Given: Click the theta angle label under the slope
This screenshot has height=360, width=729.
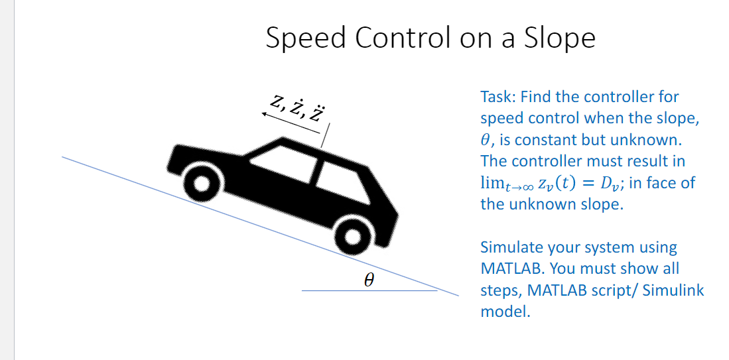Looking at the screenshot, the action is pos(369,280).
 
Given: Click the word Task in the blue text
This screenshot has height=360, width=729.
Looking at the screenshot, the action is pos(496,97).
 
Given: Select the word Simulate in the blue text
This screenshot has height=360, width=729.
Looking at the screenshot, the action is pos(511,247).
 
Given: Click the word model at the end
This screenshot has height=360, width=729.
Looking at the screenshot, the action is pos(505,311).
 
